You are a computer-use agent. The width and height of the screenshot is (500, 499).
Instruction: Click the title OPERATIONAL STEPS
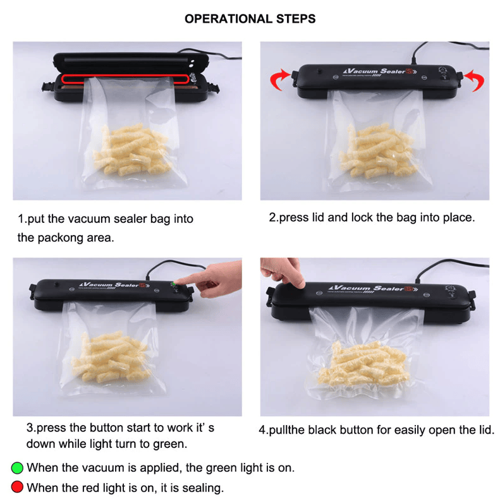(250, 19)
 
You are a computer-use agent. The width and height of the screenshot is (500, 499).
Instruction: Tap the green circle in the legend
(17, 468)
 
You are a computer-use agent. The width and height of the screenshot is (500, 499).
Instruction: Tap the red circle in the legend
(17, 487)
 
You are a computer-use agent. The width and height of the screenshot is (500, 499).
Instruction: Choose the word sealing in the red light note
(204, 488)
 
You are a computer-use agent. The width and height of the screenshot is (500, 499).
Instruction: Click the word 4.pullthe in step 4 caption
(282, 430)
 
